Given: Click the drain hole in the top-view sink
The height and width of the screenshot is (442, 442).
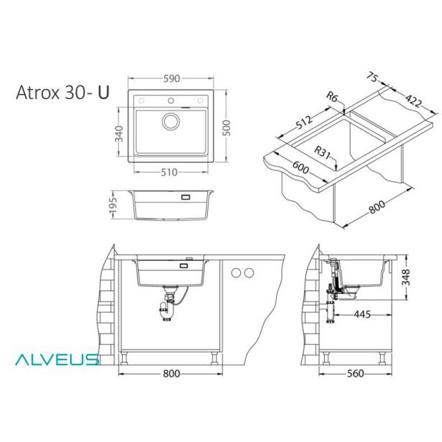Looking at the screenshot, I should pos(170,121).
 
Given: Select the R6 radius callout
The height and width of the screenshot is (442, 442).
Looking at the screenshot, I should pos(331,96).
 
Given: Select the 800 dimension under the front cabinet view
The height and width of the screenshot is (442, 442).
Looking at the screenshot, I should pos(170,374).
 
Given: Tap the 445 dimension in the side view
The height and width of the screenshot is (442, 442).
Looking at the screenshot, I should pos(362,315).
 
